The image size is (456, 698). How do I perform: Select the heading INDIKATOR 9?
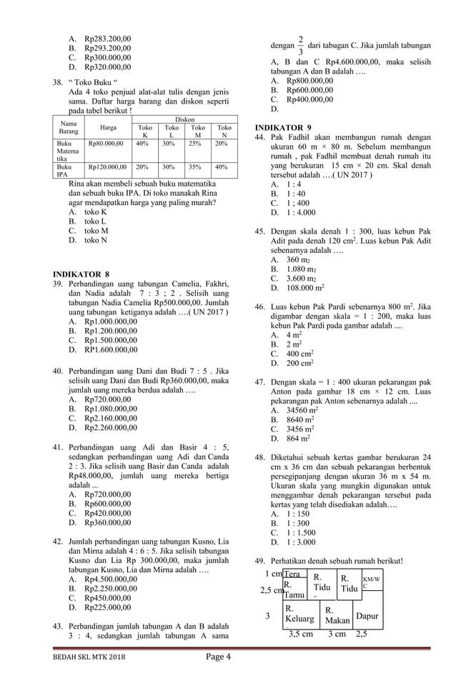(283, 127)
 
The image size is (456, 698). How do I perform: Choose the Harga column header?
(108, 129)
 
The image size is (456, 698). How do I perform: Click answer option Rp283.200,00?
(107, 39)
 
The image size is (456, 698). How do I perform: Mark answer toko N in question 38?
(96, 241)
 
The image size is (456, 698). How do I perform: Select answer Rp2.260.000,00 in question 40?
(110, 428)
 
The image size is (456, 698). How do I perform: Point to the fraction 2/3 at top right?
(301, 44)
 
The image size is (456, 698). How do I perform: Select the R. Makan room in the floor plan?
(337, 615)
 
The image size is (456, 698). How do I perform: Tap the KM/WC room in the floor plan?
(371, 582)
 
